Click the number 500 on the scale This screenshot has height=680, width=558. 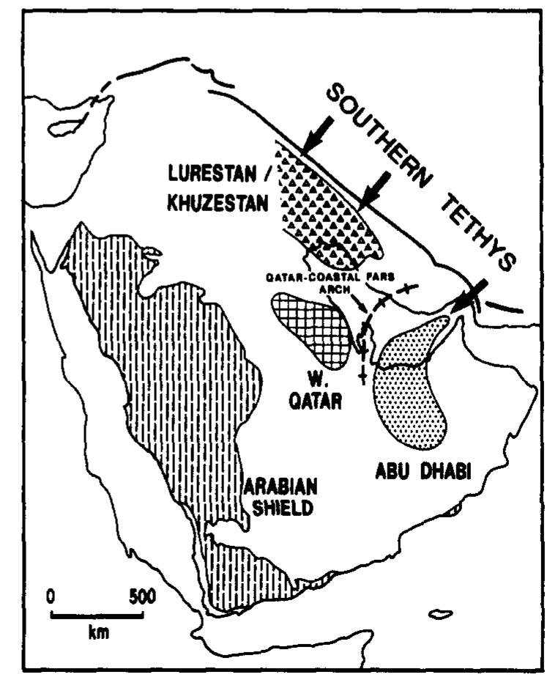tap(139, 596)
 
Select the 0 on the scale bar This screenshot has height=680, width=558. tap(51, 596)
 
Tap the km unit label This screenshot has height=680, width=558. tap(97, 632)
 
